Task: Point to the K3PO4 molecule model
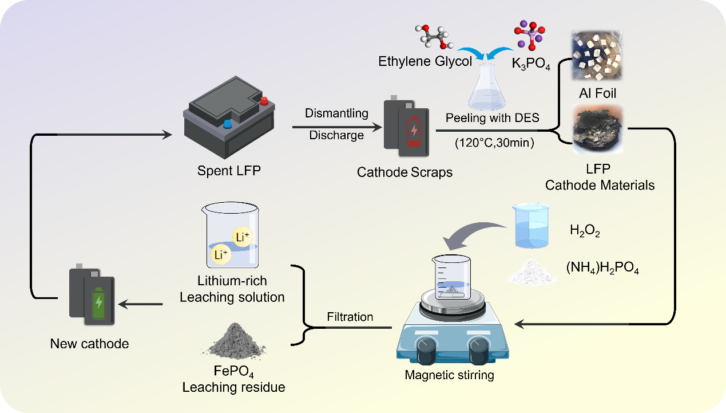point(530,36)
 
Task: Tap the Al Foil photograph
point(597,55)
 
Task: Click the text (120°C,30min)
point(494,143)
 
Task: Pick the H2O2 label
point(585,231)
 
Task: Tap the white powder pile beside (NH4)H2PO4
point(532,271)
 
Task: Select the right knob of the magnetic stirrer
point(478,349)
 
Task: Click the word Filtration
point(350,317)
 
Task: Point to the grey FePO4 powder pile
point(233,340)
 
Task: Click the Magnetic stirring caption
point(449,376)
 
